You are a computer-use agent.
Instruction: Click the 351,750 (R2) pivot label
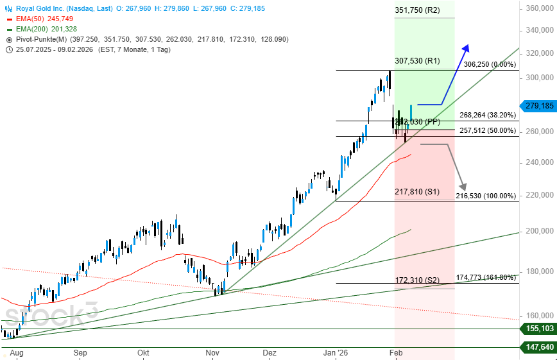[417, 11]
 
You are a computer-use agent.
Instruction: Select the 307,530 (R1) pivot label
[417, 61]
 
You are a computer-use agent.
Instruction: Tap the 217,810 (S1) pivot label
[416, 191]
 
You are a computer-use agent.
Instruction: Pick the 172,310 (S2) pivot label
[416, 280]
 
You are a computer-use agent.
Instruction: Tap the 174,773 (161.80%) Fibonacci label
[486, 277]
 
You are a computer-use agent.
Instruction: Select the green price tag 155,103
[539, 329]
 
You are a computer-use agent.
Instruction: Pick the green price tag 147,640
[539, 347]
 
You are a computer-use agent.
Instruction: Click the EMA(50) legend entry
[45, 19]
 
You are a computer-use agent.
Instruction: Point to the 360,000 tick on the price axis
[539, 8]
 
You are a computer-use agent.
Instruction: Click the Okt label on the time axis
[144, 353]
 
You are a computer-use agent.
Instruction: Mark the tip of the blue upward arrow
[467, 45]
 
